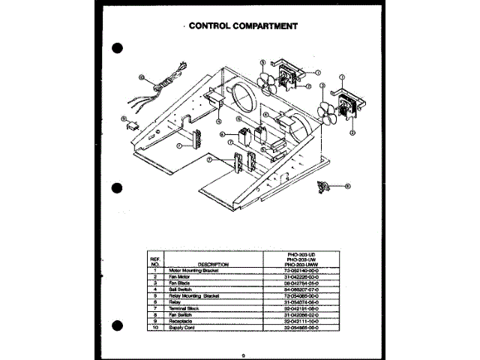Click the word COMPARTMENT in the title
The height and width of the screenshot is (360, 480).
pos(264,25)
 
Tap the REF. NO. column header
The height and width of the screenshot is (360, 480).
pos(156,261)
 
